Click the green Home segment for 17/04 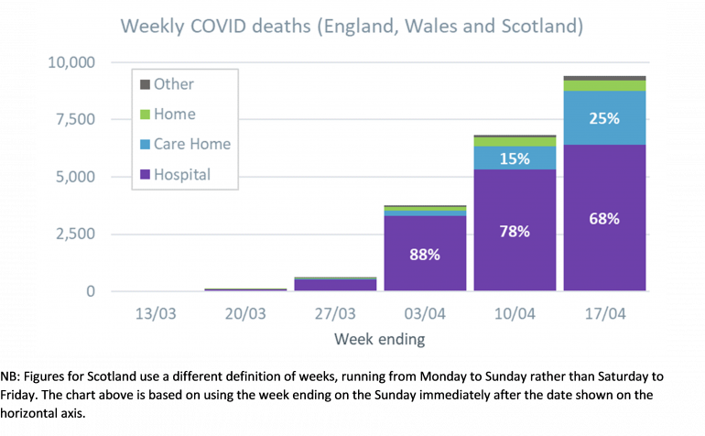(x=605, y=85)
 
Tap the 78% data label (x=515, y=232)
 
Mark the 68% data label (x=605, y=219)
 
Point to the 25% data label (x=605, y=118)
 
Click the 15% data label (x=515, y=158)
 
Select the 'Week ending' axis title (x=379, y=339)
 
